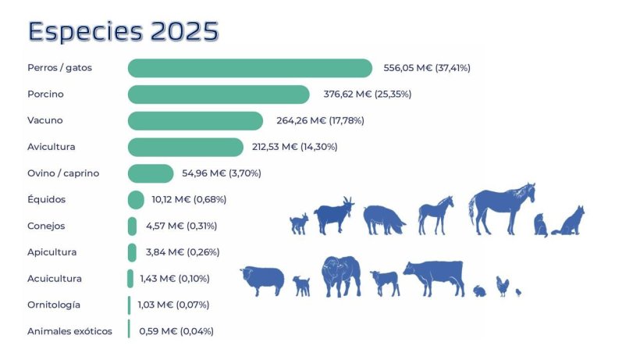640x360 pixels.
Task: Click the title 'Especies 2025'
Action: click(x=123, y=31)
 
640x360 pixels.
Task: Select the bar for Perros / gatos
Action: click(x=250, y=68)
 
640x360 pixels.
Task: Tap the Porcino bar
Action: click(x=219, y=94)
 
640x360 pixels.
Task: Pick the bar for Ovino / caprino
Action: click(x=151, y=173)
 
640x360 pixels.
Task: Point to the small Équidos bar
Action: click(x=136, y=200)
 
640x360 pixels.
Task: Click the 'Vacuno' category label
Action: click(x=44, y=120)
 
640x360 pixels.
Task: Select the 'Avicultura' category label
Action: click(x=52, y=147)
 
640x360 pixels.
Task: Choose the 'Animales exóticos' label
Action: click(x=69, y=331)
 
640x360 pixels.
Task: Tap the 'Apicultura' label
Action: click(x=52, y=252)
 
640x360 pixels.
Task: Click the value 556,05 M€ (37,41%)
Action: click(x=427, y=68)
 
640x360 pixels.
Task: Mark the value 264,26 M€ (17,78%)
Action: click(x=321, y=120)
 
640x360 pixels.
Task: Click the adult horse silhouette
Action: click(x=501, y=208)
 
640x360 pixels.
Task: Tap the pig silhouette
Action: click(x=383, y=219)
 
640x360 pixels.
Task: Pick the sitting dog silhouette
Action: click(x=570, y=221)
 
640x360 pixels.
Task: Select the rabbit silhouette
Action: click(x=479, y=290)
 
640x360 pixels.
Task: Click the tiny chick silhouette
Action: click(x=518, y=292)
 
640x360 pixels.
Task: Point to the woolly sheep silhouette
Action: click(x=262, y=280)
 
